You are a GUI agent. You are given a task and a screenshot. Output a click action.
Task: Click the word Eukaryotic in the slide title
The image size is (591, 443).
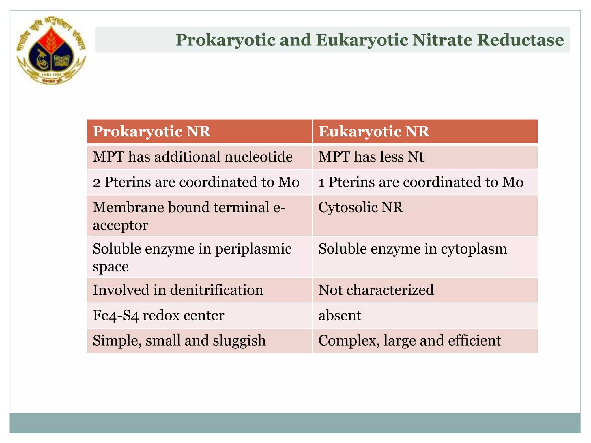(362, 40)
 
